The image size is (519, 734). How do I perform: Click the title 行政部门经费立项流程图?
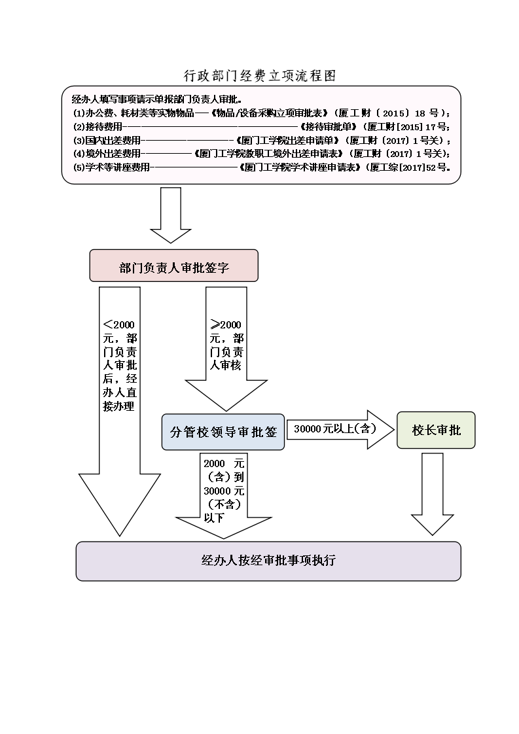pyautogui.click(x=259, y=76)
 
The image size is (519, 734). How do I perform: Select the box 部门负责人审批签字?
pyautogui.click(x=173, y=266)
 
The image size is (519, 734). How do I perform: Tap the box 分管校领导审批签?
pyautogui.click(x=223, y=432)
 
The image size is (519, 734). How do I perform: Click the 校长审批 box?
pyautogui.click(x=436, y=430)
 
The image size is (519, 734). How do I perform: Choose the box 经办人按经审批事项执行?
pyautogui.click(x=268, y=561)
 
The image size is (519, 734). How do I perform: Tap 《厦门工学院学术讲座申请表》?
pyautogui.click(x=300, y=167)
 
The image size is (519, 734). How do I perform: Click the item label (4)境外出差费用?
pyautogui.click(x=106, y=154)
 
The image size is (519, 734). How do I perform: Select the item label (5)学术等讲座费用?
pyautogui.click(x=111, y=167)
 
